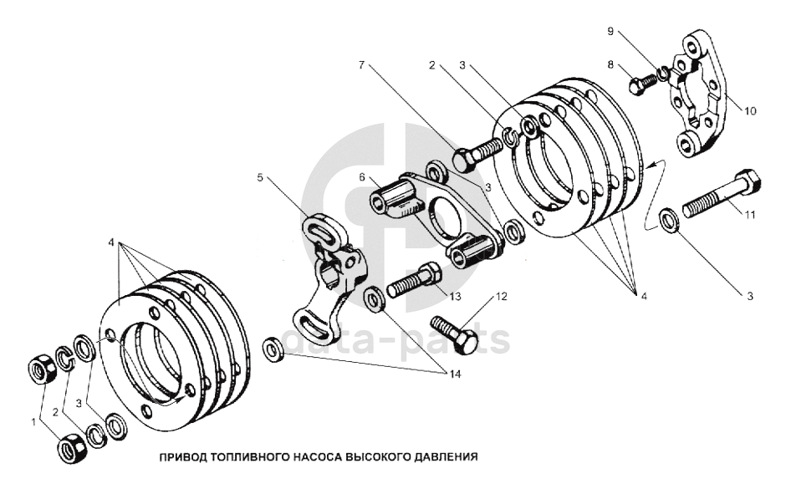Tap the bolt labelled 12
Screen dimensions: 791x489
click(453, 333)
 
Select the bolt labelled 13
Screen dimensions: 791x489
click(415, 279)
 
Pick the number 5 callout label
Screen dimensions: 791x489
click(260, 177)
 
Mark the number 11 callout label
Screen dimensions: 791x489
click(750, 215)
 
